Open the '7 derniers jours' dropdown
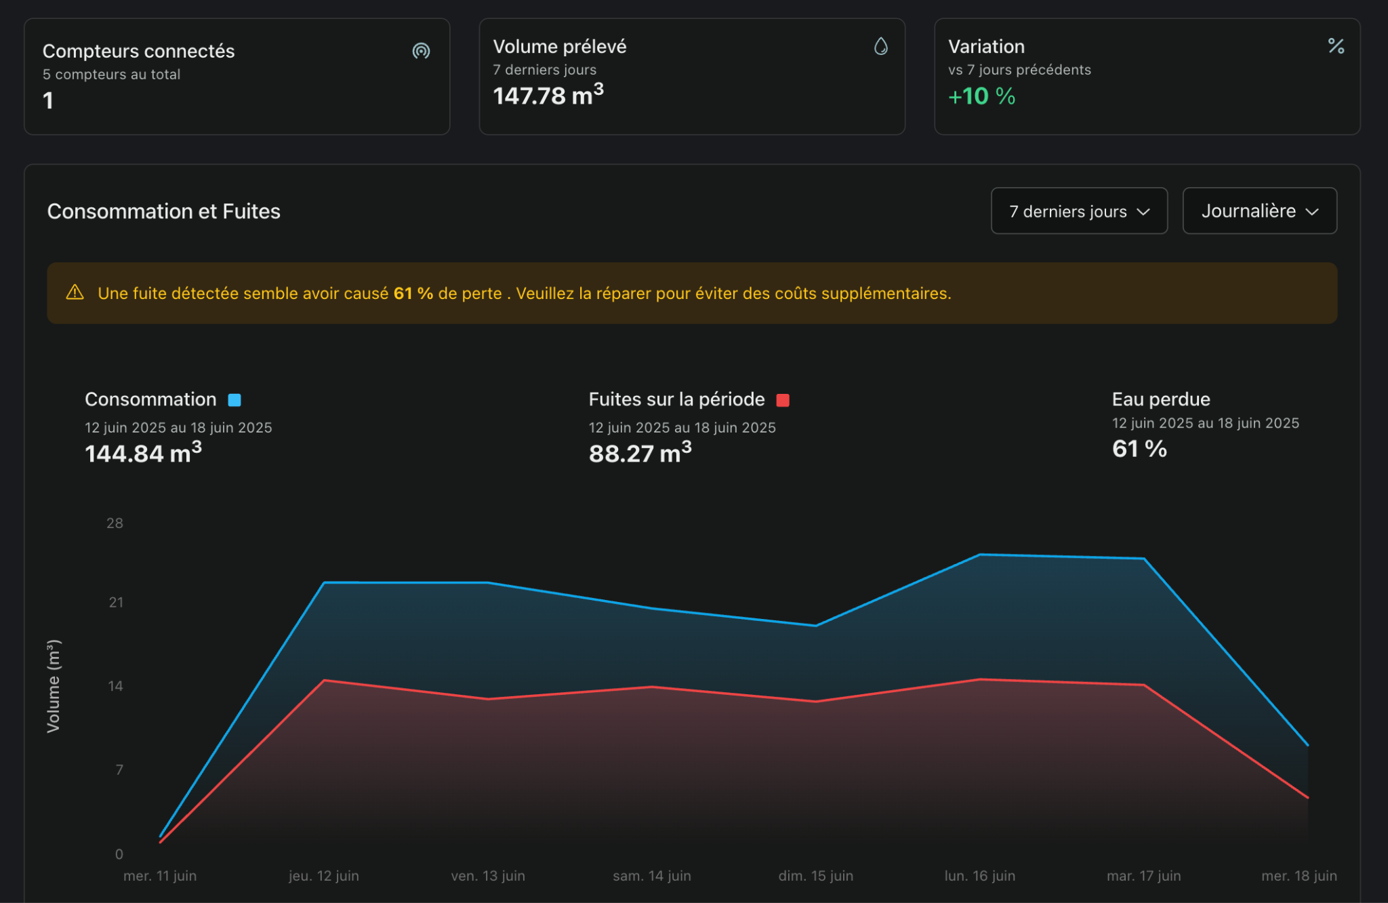(1079, 211)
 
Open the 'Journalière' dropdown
(1259, 211)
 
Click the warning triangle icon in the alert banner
(75, 292)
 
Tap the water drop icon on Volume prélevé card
(880, 46)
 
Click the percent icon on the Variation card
(1336, 46)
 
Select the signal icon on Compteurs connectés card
(421, 51)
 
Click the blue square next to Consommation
(234, 400)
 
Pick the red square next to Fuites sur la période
(783, 400)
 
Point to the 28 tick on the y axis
(115, 523)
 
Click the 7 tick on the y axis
(119, 769)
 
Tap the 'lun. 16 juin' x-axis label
(980, 875)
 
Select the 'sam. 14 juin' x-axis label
(652, 875)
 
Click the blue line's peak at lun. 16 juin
(980, 555)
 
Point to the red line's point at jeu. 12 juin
(325, 680)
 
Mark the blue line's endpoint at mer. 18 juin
(1307, 745)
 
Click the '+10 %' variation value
(981, 96)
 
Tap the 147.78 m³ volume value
(548, 94)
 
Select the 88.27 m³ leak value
(640, 451)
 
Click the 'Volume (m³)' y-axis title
(54, 686)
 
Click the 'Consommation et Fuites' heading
(164, 212)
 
